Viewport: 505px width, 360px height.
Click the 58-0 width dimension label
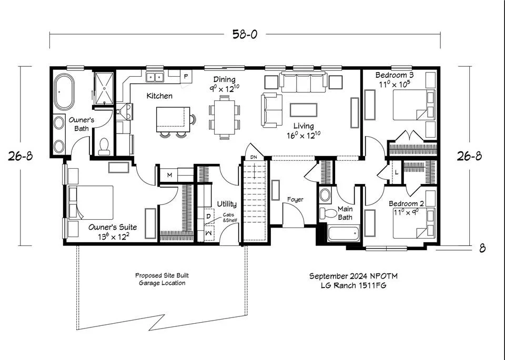coord(245,34)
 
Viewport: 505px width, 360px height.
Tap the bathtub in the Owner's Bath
coord(64,91)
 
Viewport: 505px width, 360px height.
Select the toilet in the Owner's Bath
coord(104,146)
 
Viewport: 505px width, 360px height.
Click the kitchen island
coord(173,119)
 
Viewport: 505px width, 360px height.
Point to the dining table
coord(225,117)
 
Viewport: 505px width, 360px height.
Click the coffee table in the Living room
coord(304,110)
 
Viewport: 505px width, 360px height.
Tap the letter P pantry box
coord(186,77)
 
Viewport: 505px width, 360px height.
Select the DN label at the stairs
coord(254,157)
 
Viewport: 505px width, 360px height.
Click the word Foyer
coord(295,200)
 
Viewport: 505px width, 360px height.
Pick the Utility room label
coord(227,204)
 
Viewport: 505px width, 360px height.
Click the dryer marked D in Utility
coord(209,216)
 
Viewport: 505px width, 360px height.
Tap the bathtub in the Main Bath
coord(344,233)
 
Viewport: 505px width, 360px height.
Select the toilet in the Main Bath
coord(328,213)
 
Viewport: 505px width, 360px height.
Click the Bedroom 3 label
coord(394,75)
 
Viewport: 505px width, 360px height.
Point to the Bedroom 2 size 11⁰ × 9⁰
coord(406,212)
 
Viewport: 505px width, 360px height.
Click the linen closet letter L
coord(397,172)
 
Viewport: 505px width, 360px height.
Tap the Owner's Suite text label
coord(113,227)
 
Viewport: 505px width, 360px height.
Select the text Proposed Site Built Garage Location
coord(162,279)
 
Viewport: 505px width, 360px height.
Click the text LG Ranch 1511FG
coord(353,285)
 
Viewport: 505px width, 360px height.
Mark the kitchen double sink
coord(155,77)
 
